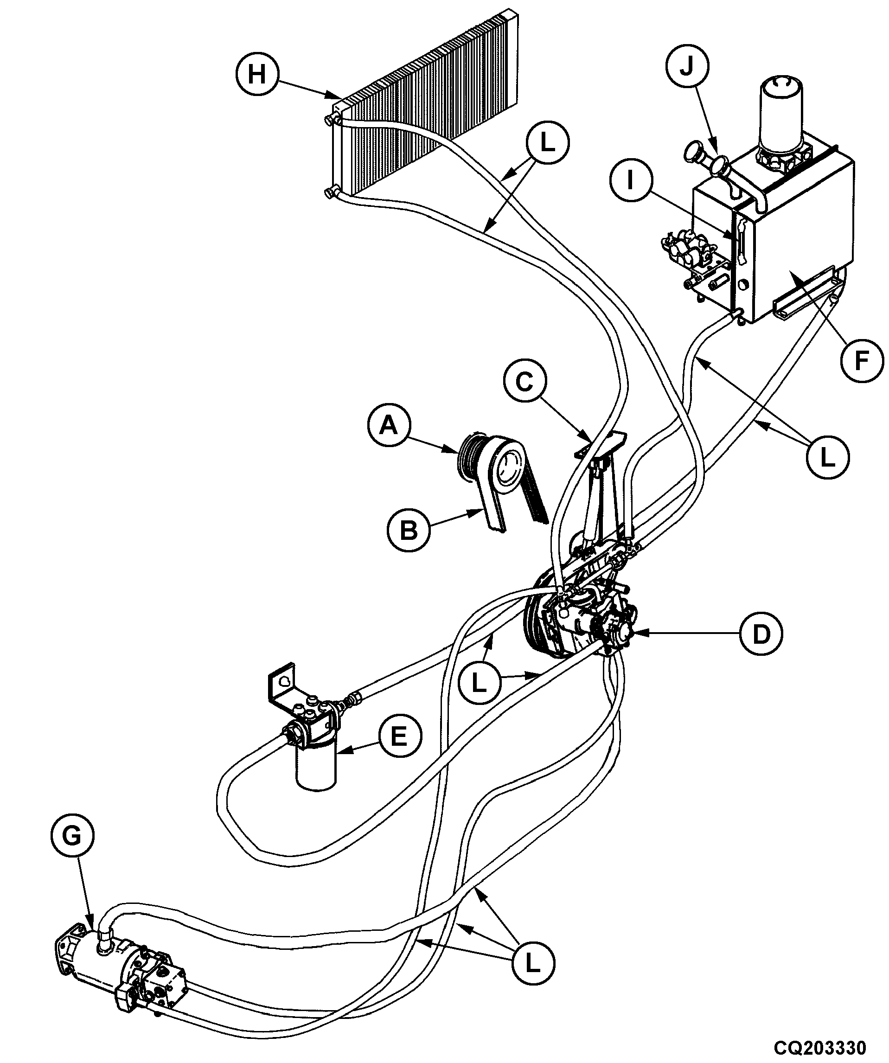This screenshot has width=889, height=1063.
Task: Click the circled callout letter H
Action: pyautogui.click(x=257, y=75)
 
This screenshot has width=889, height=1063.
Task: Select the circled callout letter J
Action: pyautogui.click(x=686, y=66)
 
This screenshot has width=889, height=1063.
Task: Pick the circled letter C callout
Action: pyautogui.click(x=525, y=381)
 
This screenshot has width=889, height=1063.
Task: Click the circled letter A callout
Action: pyautogui.click(x=389, y=425)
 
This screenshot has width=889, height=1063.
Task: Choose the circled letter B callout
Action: pyautogui.click(x=409, y=531)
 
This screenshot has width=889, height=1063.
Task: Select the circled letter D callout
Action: pyautogui.click(x=761, y=633)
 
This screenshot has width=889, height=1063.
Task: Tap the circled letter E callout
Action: pyautogui.click(x=399, y=736)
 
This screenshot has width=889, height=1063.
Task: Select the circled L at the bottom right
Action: pyautogui.click(x=532, y=964)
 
